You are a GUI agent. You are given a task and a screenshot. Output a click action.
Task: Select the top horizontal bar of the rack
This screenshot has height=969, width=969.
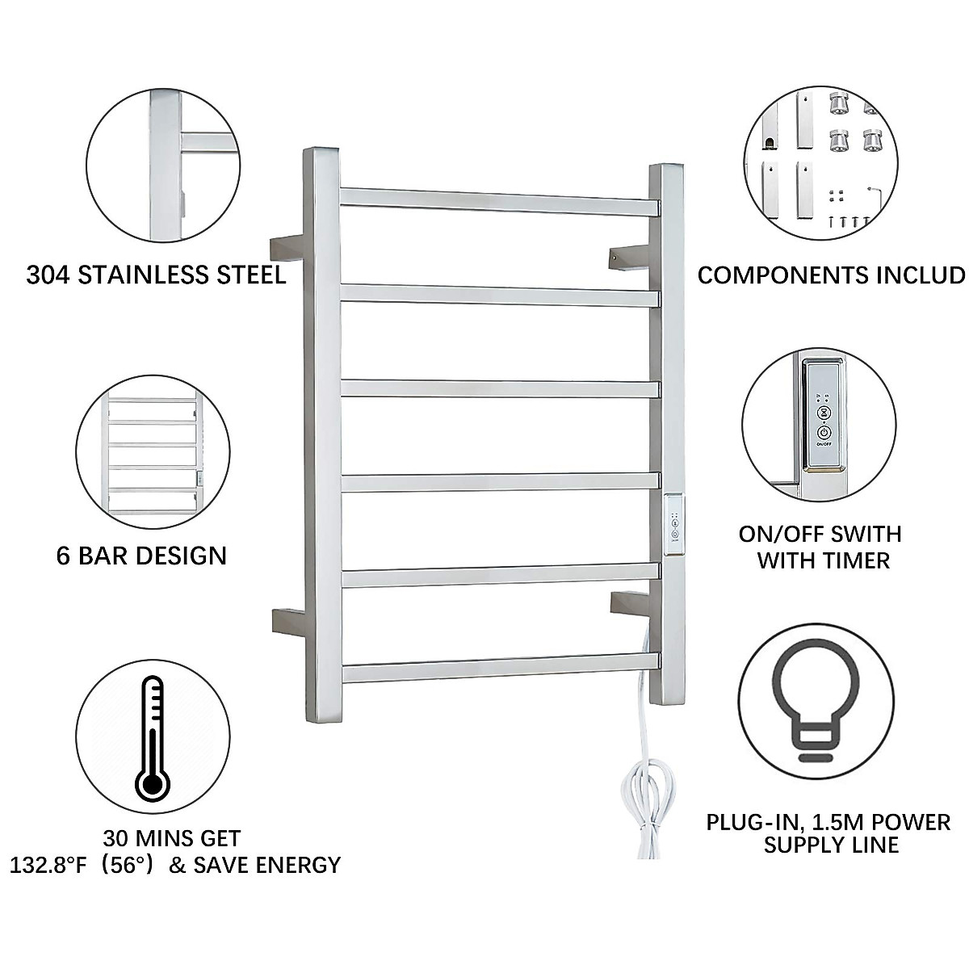[x=498, y=201]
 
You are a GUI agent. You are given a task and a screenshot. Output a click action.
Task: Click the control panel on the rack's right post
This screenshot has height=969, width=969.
[x=673, y=525]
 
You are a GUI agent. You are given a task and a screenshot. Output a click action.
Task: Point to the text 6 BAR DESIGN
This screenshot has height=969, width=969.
[x=141, y=556]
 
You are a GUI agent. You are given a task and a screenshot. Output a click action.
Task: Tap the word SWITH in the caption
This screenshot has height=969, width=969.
[x=862, y=534]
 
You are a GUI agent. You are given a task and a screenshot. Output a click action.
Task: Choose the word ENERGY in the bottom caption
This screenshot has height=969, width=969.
[x=300, y=865]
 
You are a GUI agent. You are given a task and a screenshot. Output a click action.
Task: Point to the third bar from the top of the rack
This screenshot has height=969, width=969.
[x=499, y=388]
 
